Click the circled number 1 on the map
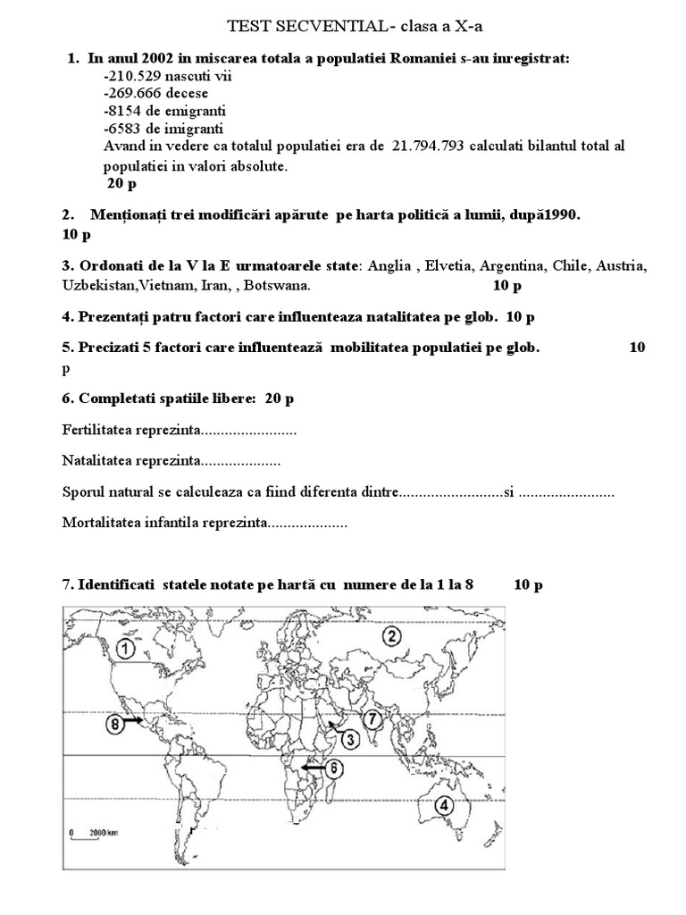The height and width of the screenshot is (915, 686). (x=126, y=647)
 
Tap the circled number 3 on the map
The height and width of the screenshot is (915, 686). (x=350, y=738)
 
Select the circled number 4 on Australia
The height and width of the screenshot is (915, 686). (x=445, y=804)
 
